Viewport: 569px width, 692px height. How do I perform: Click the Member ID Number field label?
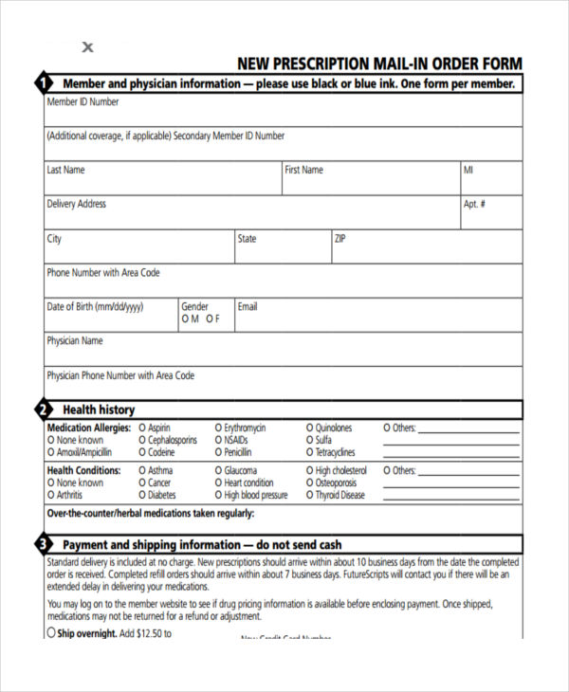(x=83, y=101)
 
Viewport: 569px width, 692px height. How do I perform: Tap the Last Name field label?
(x=65, y=170)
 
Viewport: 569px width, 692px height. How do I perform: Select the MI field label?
(x=468, y=170)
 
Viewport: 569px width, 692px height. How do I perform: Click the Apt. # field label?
(x=474, y=204)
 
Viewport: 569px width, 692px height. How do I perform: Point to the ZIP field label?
(x=340, y=238)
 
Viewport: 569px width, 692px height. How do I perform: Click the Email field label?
(x=248, y=306)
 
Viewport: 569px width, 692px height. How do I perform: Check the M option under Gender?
(x=185, y=319)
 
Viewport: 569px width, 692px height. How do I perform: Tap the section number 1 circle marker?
(x=42, y=83)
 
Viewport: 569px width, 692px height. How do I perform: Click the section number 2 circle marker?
(x=42, y=410)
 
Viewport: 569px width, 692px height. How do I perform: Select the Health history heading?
(x=99, y=410)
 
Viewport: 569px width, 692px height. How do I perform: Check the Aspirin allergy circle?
(x=142, y=428)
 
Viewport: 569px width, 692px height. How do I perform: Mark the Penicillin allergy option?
(x=218, y=453)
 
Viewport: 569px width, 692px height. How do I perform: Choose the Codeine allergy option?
(x=142, y=453)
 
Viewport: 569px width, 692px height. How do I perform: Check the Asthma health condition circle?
(x=142, y=471)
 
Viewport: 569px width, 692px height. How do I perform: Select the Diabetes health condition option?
(x=142, y=496)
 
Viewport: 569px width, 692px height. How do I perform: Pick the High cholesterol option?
(x=309, y=471)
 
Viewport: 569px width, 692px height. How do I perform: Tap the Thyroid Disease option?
(x=309, y=496)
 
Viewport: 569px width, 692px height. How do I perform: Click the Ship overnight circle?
(x=51, y=633)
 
